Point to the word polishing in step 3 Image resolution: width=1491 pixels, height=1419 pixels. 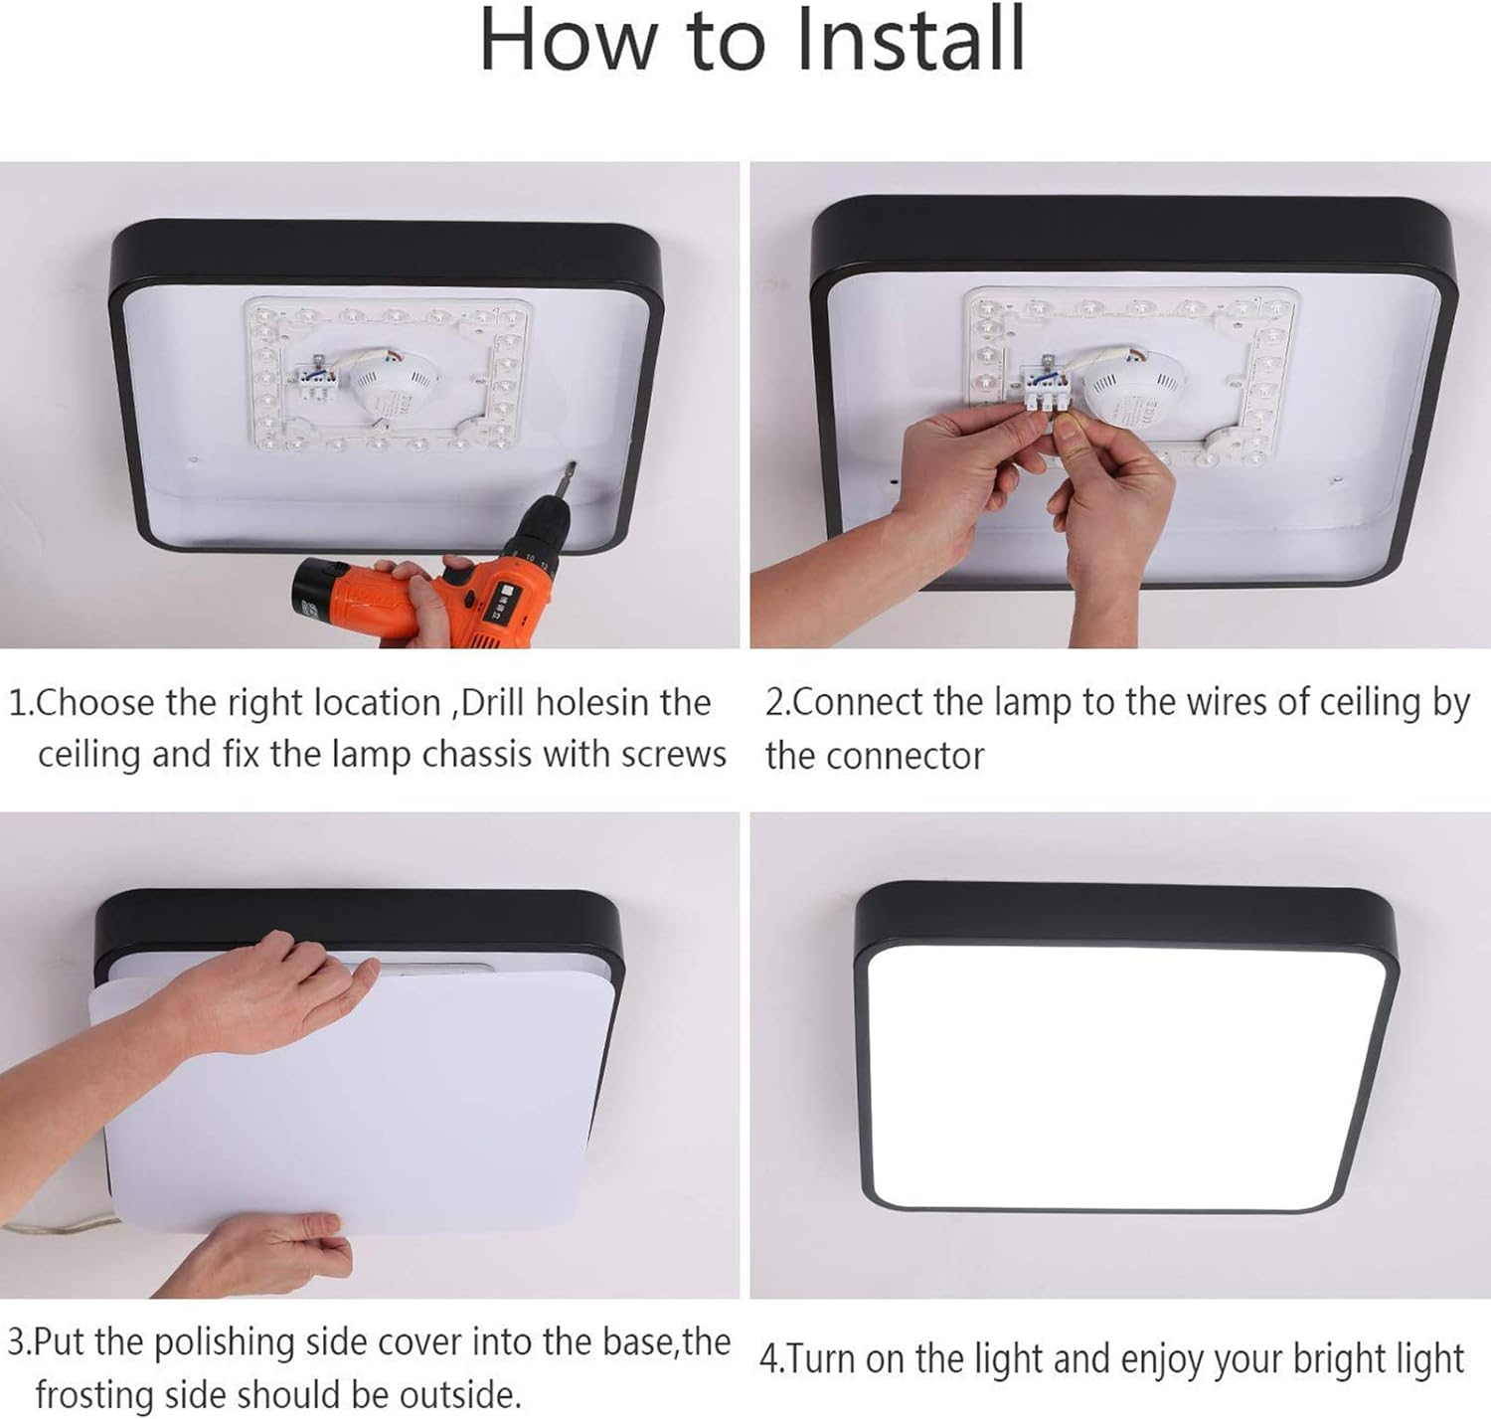coord(229,1342)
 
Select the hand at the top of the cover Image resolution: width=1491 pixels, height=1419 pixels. coord(268,989)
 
